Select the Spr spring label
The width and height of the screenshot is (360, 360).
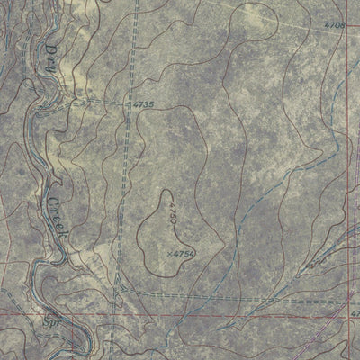coord(52,319)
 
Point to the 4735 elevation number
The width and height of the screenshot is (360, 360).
coord(143,105)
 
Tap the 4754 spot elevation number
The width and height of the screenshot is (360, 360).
coord(184,255)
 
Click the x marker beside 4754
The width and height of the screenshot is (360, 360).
coord(169,255)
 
